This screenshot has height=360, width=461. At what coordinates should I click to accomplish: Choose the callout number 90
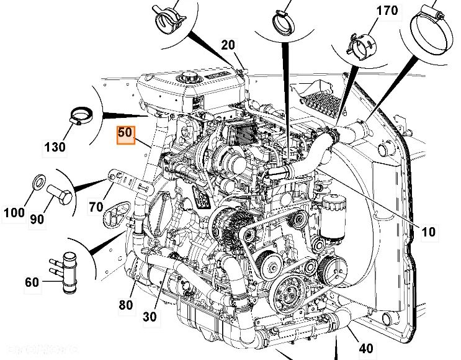coord(55,219)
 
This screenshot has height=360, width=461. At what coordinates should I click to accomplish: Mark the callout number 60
coord(32,282)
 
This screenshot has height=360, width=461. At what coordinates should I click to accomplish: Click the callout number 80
coord(126,304)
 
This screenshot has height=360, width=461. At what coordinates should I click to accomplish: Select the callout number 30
coord(150,316)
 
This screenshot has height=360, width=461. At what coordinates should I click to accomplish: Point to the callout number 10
coord(428,232)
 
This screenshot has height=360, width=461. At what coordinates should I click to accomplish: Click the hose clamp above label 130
coord(81,116)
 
